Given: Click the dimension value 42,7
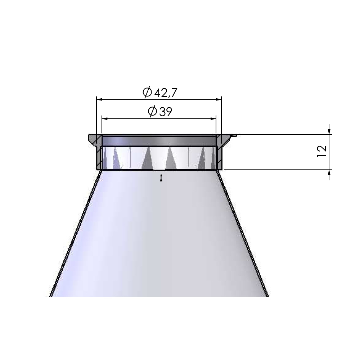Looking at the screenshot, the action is click(x=166, y=93).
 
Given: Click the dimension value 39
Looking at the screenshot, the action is click(x=165, y=112).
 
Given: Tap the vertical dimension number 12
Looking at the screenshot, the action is click(x=322, y=151).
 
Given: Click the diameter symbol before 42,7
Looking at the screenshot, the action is click(x=147, y=92).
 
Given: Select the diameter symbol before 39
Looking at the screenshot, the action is click(x=152, y=111).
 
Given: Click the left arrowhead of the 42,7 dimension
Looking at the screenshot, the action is click(x=99, y=100).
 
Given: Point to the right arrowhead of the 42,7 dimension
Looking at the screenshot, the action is click(x=219, y=100).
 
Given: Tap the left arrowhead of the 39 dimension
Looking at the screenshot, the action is click(x=105, y=119).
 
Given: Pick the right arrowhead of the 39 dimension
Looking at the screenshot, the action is click(x=213, y=119).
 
